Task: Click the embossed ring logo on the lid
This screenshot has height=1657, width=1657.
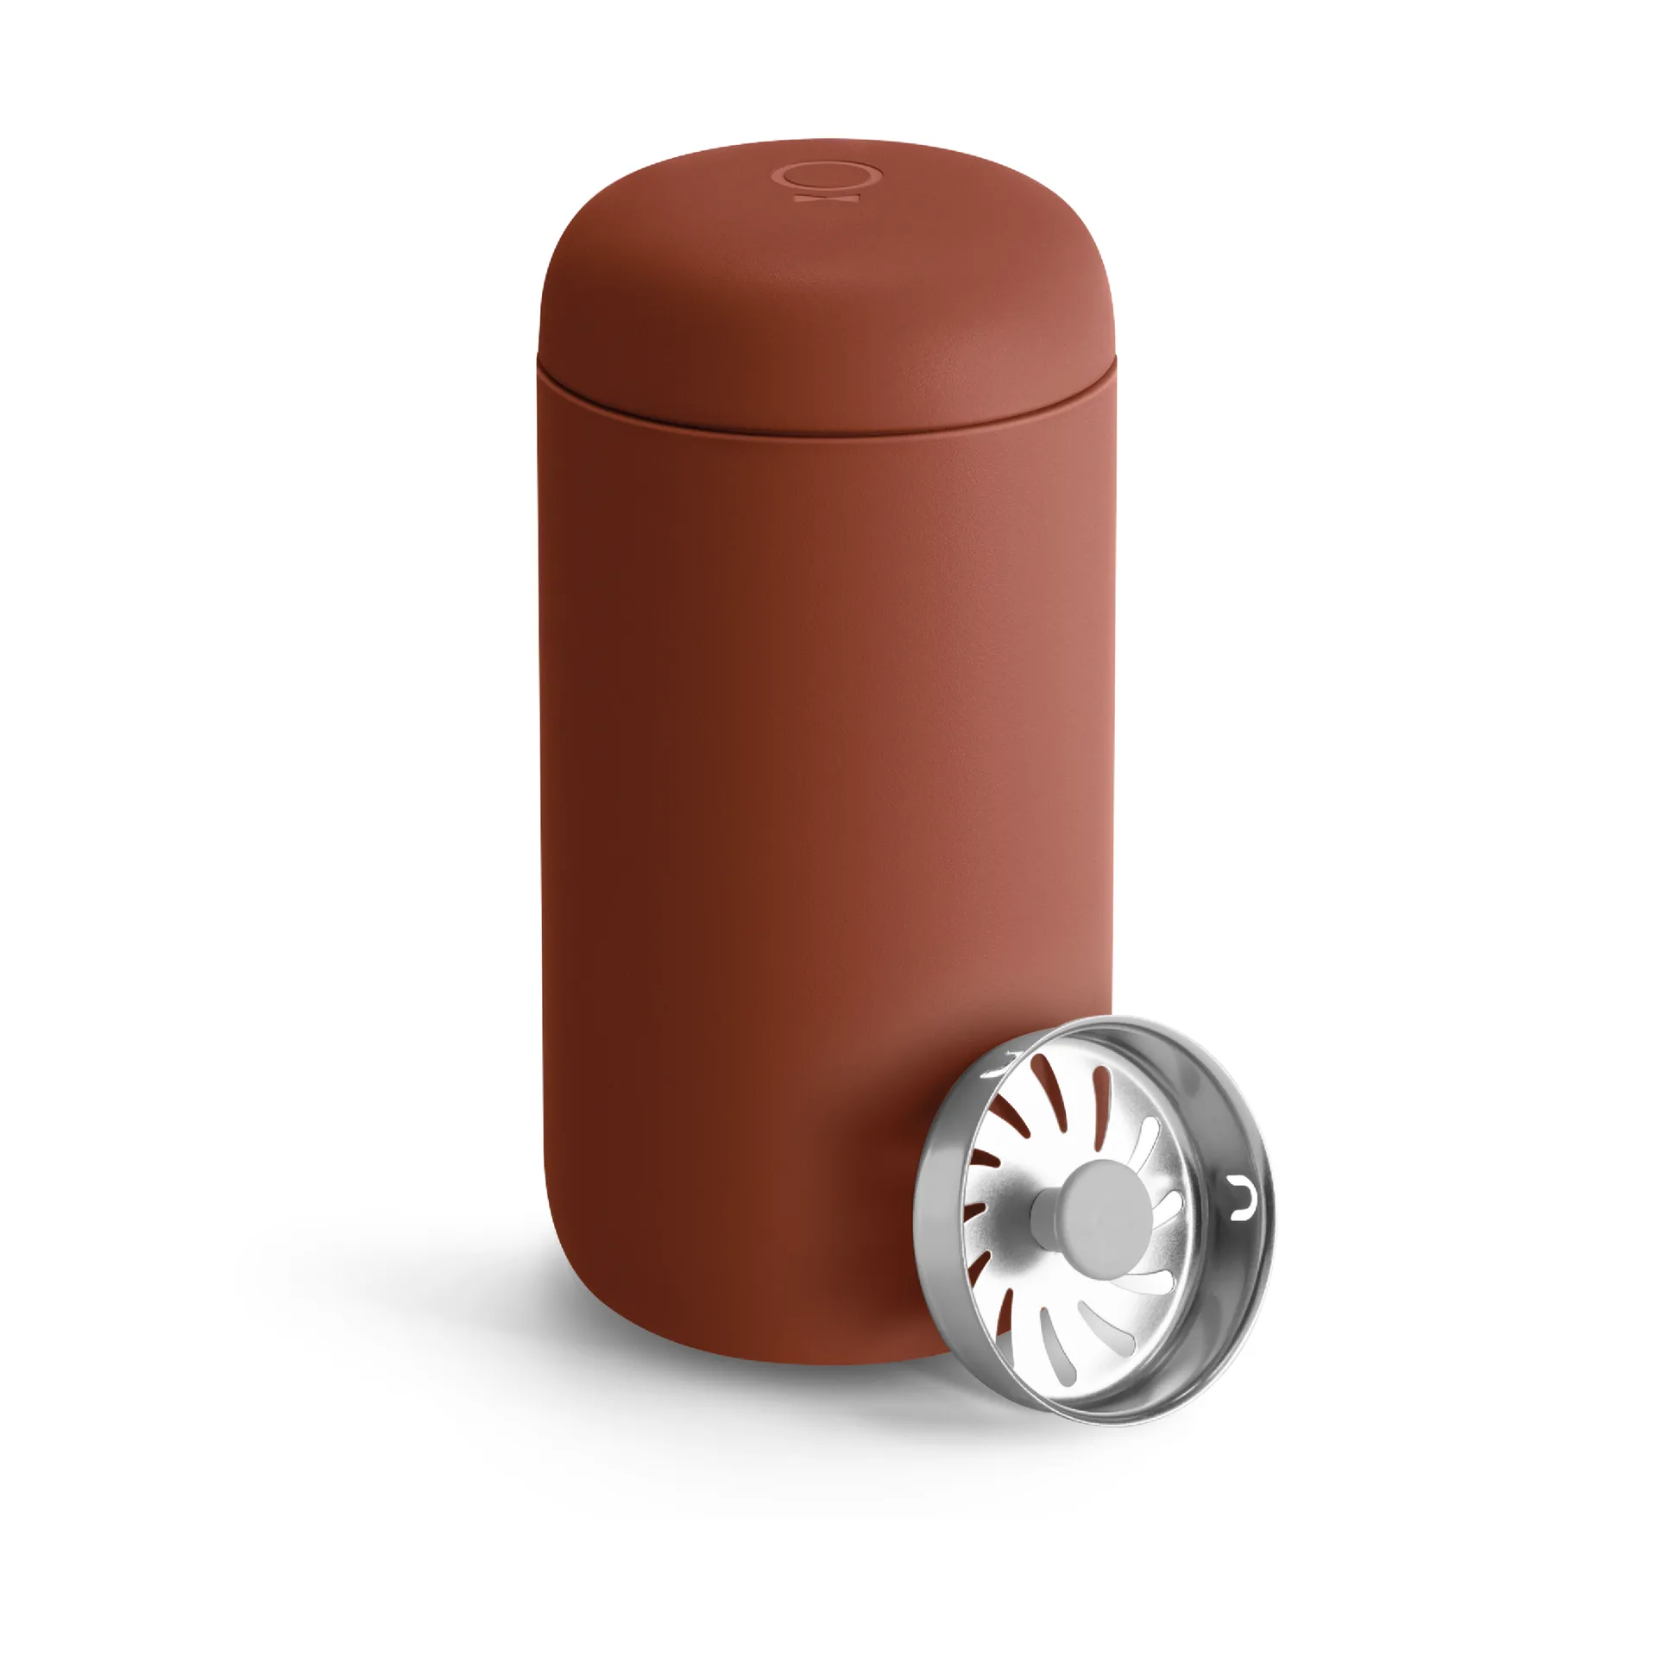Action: pyautogui.click(x=829, y=176)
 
